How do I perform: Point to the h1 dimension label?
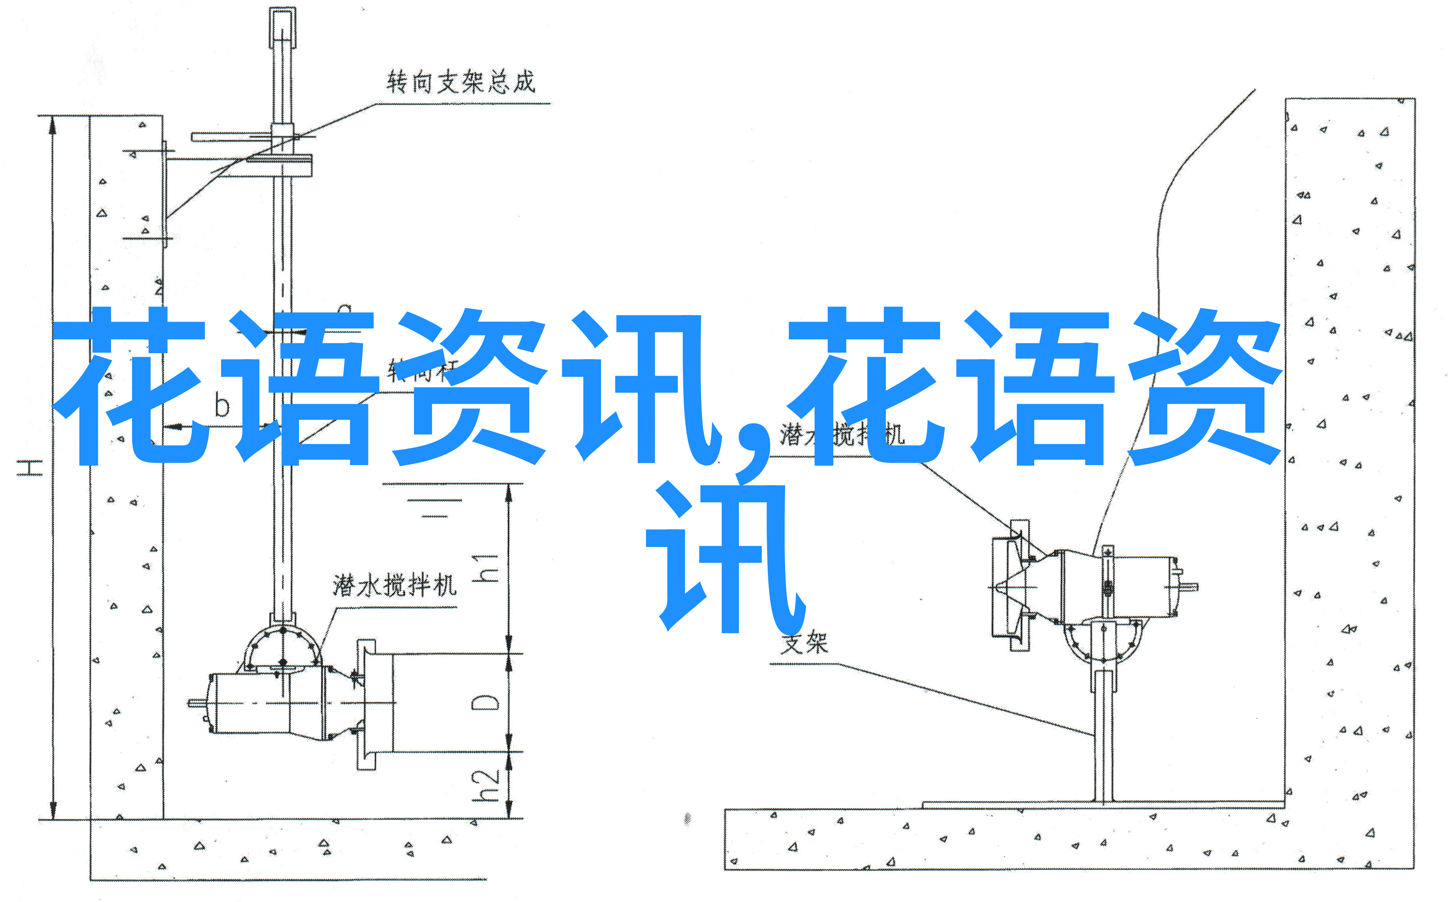click(485, 567)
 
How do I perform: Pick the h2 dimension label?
click(485, 786)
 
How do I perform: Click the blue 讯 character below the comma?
click(725, 558)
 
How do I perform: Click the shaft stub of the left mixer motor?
click(197, 703)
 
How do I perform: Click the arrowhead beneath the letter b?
click(174, 427)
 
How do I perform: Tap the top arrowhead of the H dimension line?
click(53, 125)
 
